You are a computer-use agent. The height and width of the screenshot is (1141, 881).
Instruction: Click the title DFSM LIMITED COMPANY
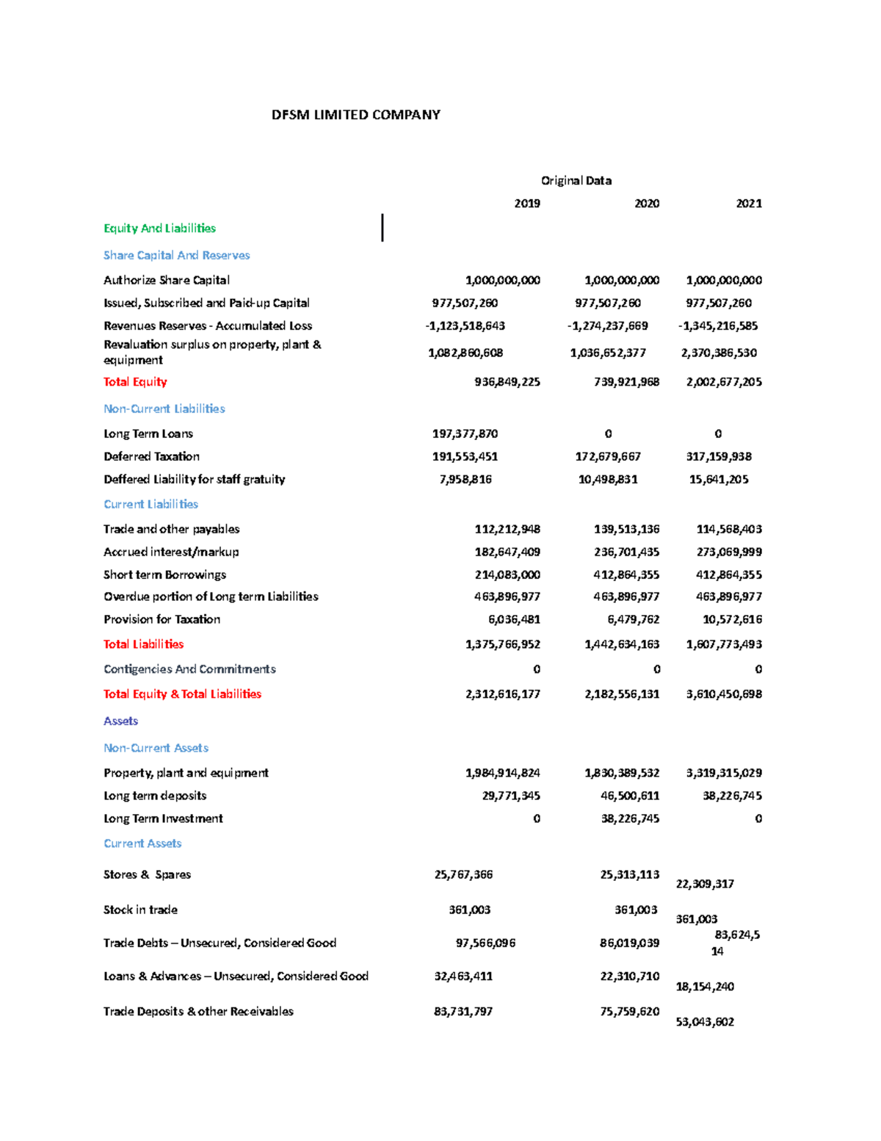[x=355, y=115]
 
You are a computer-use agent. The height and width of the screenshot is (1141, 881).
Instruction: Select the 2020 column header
[x=646, y=204]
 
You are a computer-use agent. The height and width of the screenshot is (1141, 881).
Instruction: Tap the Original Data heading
[x=576, y=181]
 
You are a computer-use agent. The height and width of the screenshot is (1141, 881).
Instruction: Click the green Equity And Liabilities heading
[x=159, y=228]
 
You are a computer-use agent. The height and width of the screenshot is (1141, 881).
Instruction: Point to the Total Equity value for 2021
[x=723, y=382]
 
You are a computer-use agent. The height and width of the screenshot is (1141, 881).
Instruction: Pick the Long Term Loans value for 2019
[x=465, y=434]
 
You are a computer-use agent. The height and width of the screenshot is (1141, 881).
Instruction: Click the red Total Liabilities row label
[x=143, y=644]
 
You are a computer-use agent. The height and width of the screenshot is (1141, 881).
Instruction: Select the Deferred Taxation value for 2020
[x=607, y=457]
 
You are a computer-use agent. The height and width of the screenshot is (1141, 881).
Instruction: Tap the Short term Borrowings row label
[x=164, y=575]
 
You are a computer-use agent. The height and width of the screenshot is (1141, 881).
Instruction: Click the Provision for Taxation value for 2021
[x=731, y=619]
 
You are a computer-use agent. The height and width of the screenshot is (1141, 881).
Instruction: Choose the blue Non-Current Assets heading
[x=156, y=748]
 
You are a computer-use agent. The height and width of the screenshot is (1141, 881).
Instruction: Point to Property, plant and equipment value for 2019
[x=502, y=773]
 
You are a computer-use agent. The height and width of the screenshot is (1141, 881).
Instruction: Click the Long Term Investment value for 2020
[x=629, y=818]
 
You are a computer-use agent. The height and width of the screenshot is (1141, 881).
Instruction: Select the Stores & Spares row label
[x=147, y=874]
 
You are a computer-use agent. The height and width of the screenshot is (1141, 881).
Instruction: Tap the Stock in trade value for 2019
[x=469, y=910]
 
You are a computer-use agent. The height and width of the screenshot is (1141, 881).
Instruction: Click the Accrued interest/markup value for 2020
[x=626, y=552]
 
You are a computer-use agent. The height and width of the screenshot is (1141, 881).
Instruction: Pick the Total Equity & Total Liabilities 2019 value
[x=502, y=694]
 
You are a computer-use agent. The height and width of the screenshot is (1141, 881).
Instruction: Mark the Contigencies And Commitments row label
[x=189, y=669]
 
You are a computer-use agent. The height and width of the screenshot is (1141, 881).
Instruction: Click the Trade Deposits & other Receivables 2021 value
[x=704, y=1022]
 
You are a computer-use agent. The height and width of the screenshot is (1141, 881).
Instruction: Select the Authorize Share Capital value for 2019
[x=502, y=281]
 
